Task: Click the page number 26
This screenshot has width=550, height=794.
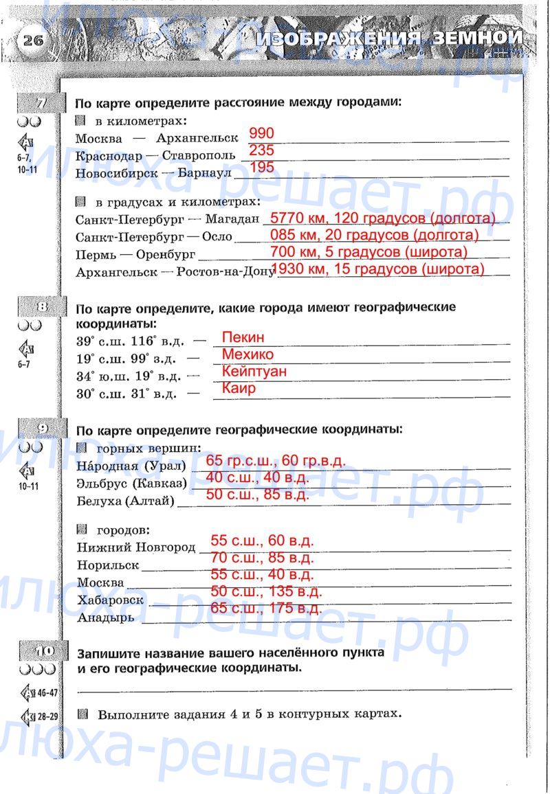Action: pyautogui.click(x=32, y=41)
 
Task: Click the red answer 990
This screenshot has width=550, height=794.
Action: pyautogui.click(x=261, y=134)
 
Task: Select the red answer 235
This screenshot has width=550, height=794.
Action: pyautogui.click(x=261, y=150)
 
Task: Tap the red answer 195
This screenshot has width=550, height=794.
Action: pyautogui.click(x=262, y=168)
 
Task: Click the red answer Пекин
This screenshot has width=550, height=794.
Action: pyautogui.click(x=243, y=337)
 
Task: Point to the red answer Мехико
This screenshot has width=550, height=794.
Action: pyautogui.click(x=247, y=354)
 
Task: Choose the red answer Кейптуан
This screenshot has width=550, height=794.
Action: pyautogui.click(x=254, y=372)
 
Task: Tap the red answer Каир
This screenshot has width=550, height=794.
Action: pyautogui.click(x=239, y=389)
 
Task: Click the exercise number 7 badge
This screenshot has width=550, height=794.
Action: pyautogui.click(x=42, y=104)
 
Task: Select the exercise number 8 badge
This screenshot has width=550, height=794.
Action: pyautogui.click(x=42, y=307)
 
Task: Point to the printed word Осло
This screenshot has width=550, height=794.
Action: pyautogui.click(x=217, y=238)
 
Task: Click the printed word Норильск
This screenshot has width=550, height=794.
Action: pyautogui.click(x=108, y=565)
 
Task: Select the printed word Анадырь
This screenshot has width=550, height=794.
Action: pyautogui.click(x=106, y=617)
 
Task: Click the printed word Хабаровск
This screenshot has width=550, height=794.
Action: pyautogui.click(x=111, y=600)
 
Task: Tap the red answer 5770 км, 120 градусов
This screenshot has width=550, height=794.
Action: pyautogui.click(x=382, y=219)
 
